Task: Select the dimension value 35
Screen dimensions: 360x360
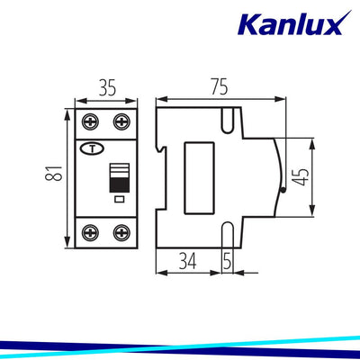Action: click(105, 88)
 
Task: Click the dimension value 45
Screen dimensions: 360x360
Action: click(306, 177)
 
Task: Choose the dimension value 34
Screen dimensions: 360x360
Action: click(188, 261)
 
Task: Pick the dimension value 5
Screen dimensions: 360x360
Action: click(227, 261)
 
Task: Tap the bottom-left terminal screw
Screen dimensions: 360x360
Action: click(91, 233)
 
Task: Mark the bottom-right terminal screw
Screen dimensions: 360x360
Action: click(120, 233)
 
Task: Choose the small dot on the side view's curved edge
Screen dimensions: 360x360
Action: click(282, 190)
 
